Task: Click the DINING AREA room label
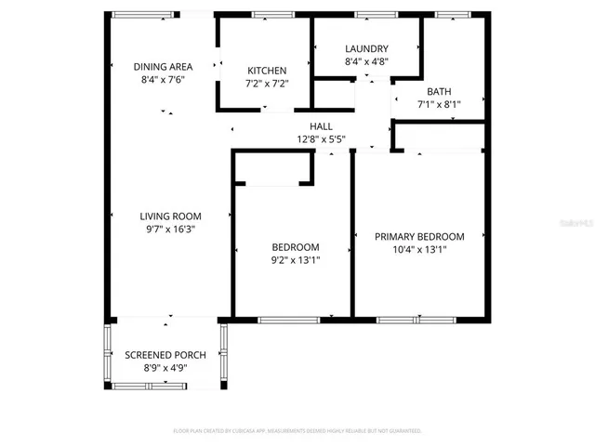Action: click(163, 66)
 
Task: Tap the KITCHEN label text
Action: click(267, 71)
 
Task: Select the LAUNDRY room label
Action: click(366, 49)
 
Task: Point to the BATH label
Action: click(439, 91)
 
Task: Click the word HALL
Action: click(321, 126)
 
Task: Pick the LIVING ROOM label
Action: click(170, 216)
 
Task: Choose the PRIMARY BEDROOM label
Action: click(419, 237)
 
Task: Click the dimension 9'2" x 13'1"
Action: click(296, 260)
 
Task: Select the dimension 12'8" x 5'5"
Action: click(321, 139)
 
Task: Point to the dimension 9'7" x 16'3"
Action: click(170, 229)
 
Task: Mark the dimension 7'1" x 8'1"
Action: click(439, 105)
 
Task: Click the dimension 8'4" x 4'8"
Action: click(366, 62)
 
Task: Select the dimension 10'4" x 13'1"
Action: click(419, 250)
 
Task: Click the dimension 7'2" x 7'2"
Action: click(267, 85)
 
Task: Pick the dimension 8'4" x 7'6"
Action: click(163, 80)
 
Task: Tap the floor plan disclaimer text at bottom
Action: click(297, 431)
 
